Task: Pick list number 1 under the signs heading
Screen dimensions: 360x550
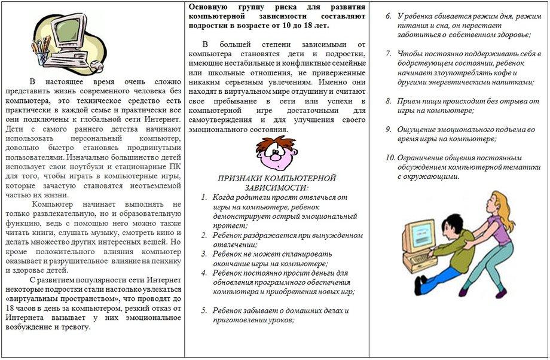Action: [x=204, y=197]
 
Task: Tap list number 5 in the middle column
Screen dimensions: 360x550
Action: [x=204, y=310]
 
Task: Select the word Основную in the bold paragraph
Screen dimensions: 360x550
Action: [x=207, y=7]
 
